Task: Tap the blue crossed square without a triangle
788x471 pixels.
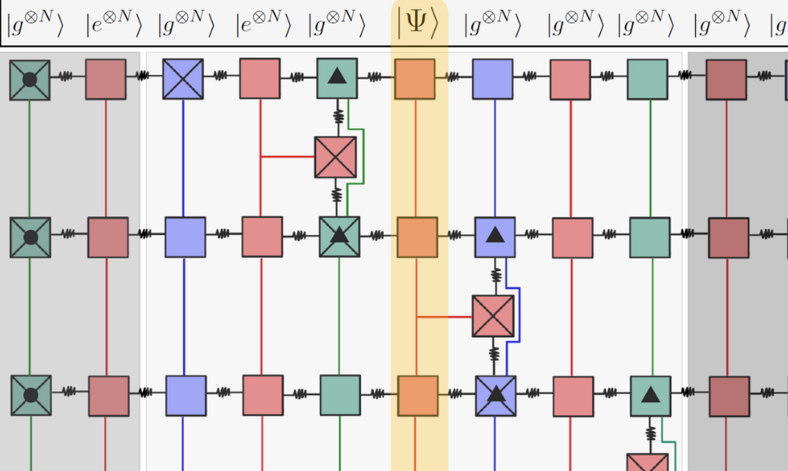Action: click(183, 79)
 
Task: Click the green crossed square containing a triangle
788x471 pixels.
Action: click(339, 237)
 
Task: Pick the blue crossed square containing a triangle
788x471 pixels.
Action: click(495, 395)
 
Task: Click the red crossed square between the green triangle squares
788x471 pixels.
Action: click(336, 158)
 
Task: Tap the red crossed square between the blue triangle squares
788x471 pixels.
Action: click(493, 316)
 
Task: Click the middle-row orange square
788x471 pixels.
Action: click(416, 237)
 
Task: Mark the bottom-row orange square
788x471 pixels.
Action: click(416, 395)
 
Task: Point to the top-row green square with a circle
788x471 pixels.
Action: click(30, 80)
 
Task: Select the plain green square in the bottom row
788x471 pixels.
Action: click(340, 395)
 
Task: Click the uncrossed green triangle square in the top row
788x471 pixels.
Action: click(337, 78)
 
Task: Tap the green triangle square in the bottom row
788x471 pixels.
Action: click(650, 396)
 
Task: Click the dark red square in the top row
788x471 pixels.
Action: click(726, 79)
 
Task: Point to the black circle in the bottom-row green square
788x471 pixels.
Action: click(31, 395)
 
